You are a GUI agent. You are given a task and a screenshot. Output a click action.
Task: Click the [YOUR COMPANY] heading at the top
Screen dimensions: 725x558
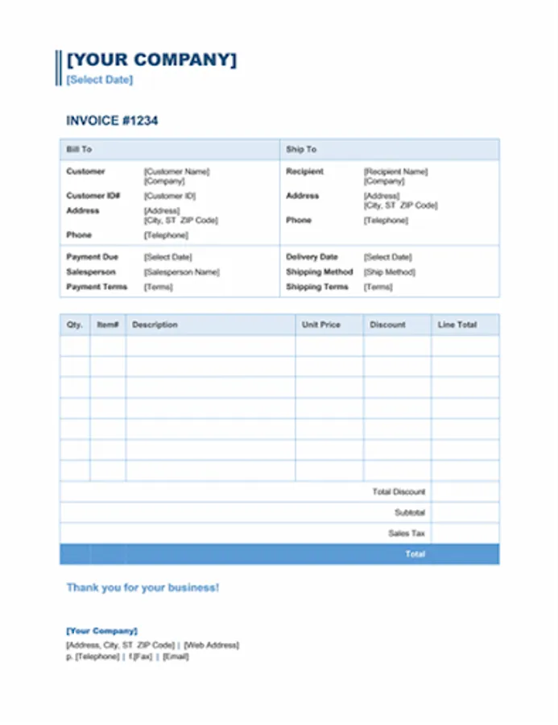[x=151, y=60]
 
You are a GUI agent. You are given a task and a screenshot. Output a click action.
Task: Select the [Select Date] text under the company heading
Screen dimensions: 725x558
[x=100, y=80]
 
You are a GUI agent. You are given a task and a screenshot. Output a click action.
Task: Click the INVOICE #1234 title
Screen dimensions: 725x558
[x=112, y=121]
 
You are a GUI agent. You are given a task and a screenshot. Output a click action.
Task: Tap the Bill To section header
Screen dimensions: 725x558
[x=79, y=149]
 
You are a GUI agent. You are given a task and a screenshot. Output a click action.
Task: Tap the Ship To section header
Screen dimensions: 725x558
[x=301, y=149]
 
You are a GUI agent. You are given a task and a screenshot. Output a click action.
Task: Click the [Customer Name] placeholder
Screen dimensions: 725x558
[x=176, y=172]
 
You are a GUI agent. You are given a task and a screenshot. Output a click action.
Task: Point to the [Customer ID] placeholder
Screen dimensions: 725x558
[x=170, y=196]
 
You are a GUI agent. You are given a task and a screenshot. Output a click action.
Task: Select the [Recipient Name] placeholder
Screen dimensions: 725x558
[x=395, y=172]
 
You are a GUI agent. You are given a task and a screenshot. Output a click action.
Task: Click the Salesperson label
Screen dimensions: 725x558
[x=91, y=272]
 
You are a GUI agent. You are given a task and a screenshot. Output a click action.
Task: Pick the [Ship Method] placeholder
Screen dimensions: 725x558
[x=390, y=272]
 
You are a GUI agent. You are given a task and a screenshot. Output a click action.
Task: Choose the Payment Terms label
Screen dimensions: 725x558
[x=97, y=287]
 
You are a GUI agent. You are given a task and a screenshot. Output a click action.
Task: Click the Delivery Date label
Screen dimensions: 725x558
[x=312, y=257]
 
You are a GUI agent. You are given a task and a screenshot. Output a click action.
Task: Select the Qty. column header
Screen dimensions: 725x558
[x=74, y=325]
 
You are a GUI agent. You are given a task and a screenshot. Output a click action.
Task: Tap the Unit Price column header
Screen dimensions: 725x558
[x=321, y=325]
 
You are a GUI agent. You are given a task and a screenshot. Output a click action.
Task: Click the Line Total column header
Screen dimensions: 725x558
[x=457, y=325]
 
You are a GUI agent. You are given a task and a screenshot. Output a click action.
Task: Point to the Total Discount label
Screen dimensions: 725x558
[x=399, y=491]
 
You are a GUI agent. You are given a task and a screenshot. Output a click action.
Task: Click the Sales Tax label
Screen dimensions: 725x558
[x=407, y=533]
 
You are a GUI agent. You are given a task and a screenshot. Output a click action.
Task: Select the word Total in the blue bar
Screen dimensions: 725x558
[x=415, y=554]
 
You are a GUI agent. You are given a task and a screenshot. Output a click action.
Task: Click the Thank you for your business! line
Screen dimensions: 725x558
[x=143, y=587]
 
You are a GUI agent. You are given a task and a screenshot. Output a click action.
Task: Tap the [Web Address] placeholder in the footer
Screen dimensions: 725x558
[x=211, y=645]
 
